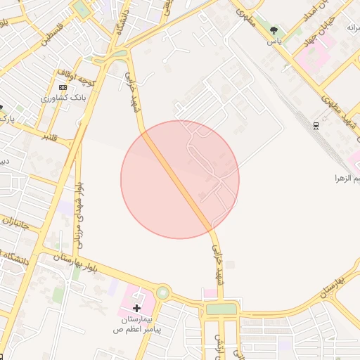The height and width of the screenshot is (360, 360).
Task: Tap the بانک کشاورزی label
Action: (64, 98)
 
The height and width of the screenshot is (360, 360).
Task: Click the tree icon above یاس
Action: (274, 30)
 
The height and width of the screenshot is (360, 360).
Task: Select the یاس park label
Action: (274, 41)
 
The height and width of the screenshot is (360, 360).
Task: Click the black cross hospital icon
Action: (136, 308)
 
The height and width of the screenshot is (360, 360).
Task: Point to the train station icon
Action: (316, 126)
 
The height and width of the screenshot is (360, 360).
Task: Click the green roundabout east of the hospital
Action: (163, 292)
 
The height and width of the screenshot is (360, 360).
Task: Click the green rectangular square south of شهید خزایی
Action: (222, 309)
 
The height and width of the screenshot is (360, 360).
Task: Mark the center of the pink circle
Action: (180, 179)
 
